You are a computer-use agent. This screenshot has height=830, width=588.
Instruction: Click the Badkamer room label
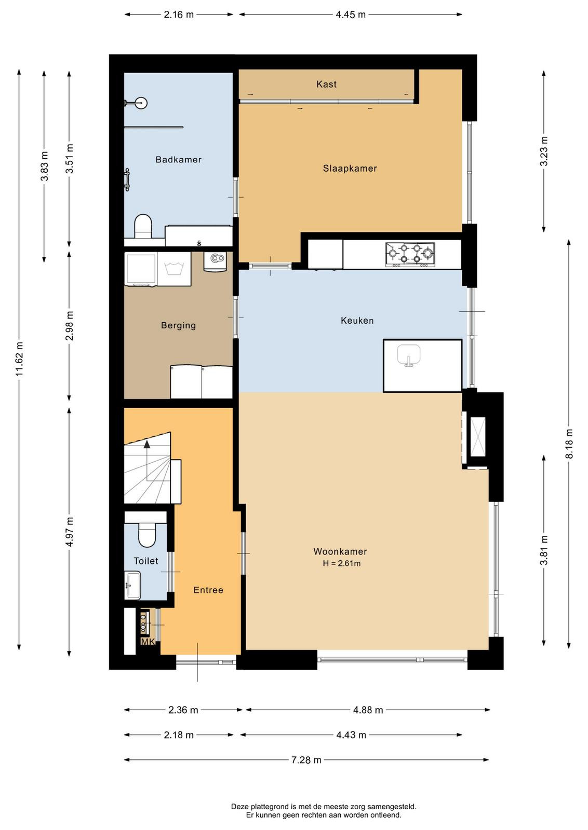coord(179,160)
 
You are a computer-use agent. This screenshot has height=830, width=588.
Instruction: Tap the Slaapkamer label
coord(350,169)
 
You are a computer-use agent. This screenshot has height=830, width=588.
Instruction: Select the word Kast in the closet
coord(326,84)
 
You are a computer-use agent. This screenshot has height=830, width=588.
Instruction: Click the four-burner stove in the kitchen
coord(410,254)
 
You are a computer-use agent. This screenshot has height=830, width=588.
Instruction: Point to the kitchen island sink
coord(408,355)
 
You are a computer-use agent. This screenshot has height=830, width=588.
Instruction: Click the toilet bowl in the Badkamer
coord(143,226)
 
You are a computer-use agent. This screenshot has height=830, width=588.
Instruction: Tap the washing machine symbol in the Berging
coord(174,269)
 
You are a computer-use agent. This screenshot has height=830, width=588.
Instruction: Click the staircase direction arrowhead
coord(147,444)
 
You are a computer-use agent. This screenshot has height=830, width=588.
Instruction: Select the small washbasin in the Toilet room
coord(132,585)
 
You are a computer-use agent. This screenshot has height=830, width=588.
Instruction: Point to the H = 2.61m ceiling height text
coord(341,563)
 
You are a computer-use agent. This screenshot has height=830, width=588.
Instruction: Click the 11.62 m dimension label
coord(19,359)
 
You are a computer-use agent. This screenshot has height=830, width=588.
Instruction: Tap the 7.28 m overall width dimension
coord(306,760)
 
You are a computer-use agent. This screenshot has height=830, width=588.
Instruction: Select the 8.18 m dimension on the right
coord(569,444)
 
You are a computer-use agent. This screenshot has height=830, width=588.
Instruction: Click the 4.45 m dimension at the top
coord(351,15)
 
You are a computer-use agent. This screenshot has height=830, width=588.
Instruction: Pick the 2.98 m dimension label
coord(70,326)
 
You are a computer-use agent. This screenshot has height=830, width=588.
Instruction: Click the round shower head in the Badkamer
coord(141,103)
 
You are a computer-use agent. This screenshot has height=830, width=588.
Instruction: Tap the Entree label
coord(208,590)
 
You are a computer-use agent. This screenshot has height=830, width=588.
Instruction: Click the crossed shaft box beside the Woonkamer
coord(478,436)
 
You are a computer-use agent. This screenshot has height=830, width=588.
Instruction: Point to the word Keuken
coord(357,321)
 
